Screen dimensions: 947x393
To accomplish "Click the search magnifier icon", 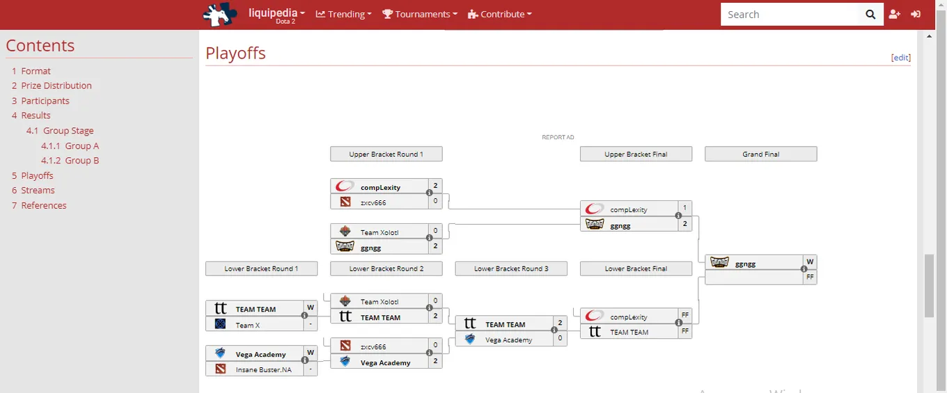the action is (870, 15).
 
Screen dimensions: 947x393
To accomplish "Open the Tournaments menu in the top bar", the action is (420, 15).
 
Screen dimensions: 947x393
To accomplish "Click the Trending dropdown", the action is (344, 15).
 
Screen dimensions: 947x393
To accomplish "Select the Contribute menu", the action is (500, 15).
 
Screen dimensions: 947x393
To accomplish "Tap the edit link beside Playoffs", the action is (900, 58).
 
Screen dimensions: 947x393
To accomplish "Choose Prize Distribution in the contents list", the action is (56, 86).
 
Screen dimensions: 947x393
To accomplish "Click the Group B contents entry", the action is (81, 161).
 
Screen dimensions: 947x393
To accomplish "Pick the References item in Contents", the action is (44, 206).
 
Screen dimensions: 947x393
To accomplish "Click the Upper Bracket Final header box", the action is (636, 154).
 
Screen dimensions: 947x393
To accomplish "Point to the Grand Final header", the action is (760, 154).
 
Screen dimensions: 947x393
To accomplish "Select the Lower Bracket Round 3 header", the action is (511, 268).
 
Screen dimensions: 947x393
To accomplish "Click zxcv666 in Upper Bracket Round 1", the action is (373, 202).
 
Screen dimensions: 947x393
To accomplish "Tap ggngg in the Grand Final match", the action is (745, 264).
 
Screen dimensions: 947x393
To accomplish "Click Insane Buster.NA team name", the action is (263, 370).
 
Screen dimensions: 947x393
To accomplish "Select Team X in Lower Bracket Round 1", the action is (248, 326).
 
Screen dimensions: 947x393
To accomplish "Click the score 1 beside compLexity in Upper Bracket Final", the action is (685, 208).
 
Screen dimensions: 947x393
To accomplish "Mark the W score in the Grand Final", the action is (810, 262).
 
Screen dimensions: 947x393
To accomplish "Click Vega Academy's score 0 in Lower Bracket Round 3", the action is (560, 337).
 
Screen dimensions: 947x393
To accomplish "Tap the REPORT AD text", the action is (558, 137).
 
